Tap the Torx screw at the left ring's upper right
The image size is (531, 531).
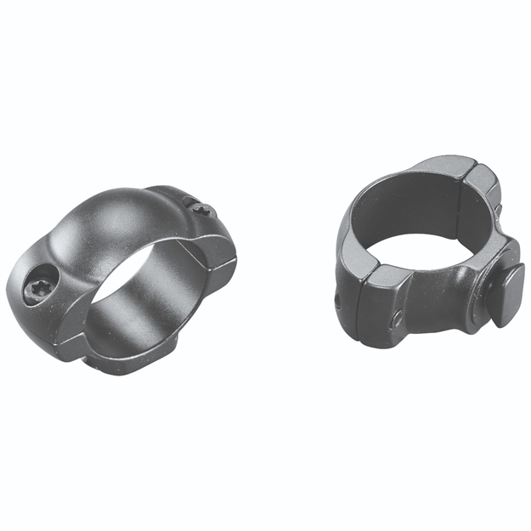click(x=197, y=207)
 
